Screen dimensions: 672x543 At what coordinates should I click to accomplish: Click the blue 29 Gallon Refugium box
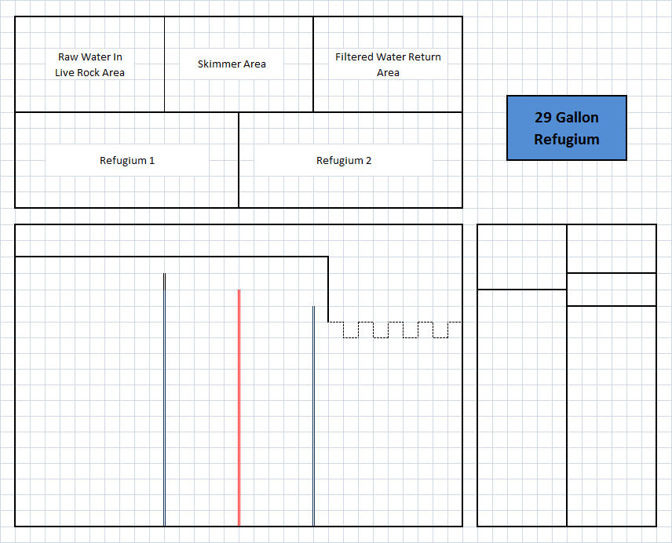(567, 128)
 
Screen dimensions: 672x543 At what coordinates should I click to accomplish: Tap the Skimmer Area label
(232, 64)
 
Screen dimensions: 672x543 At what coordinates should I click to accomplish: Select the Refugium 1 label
(127, 161)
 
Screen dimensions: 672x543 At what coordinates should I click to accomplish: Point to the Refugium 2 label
(344, 161)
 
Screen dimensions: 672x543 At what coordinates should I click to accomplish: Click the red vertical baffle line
(239, 408)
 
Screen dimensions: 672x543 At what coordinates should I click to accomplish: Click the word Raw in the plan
(68, 57)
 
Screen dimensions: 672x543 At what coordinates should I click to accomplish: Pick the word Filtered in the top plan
(354, 57)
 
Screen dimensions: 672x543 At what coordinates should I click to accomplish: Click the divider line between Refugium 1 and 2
(239, 160)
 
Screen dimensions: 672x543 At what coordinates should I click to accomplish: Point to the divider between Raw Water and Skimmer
(165, 64)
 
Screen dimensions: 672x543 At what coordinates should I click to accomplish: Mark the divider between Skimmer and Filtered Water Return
(313, 64)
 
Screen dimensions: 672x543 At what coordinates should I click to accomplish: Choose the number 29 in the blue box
(544, 118)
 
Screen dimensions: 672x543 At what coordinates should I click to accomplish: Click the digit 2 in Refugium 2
(368, 161)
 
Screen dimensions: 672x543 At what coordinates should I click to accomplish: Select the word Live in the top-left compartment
(64, 73)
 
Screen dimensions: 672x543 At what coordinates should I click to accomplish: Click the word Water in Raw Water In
(96, 57)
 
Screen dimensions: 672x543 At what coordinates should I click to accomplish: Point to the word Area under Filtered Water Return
(388, 73)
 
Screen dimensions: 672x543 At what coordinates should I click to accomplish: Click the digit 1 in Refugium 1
(152, 161)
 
